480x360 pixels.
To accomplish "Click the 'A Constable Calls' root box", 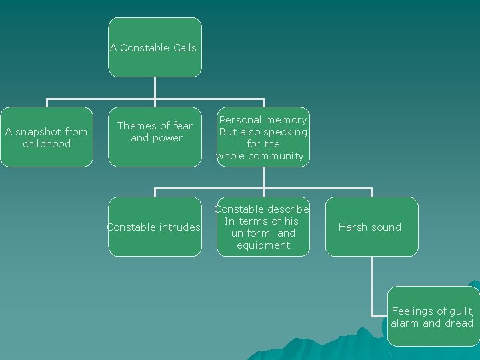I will (x=155, y=47).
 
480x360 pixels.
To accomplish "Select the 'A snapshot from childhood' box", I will (x=46, y=137).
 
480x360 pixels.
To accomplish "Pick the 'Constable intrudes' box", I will (x=155, y=227).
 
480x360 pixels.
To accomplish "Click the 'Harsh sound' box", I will (x=370, y=227).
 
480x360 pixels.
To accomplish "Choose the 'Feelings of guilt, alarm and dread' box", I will (x=433, y=317).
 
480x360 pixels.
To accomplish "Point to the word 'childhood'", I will (x=46, y=144).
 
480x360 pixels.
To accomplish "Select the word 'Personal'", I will (x=240, y=120).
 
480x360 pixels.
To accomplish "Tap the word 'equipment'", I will (x=263, y=245).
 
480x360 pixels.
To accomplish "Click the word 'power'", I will (x=166, y=138).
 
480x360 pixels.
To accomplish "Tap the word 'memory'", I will (x=285, y=120).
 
